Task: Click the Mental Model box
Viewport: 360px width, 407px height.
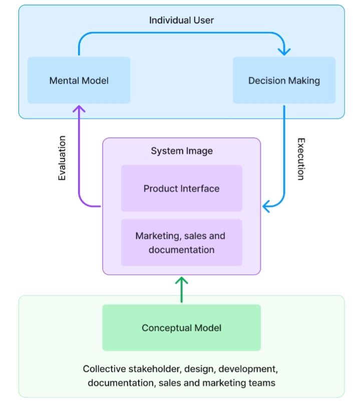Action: click(x=79, y=80)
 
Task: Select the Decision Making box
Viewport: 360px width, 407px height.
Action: click(x=284, y=80)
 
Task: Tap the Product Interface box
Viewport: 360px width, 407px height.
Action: click(x=181, y=188)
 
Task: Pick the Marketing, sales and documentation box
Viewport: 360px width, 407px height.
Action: click(x=181, y=242)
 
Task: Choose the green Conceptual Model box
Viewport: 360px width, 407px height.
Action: click(x=181, y=327)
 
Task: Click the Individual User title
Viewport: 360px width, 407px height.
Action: click(x=181, y=20)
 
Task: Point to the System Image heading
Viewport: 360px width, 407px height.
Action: click(x=182, y=151)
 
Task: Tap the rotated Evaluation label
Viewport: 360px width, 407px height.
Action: click(x=62, y=158)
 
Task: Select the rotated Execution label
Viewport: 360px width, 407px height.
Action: click(x=301, y=159)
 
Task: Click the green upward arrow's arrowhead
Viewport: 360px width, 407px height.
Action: click(x=181, y=280)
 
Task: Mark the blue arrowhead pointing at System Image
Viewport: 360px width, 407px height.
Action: click(x=266, y=207)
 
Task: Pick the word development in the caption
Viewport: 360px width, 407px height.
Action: click(x=248, y=369)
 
